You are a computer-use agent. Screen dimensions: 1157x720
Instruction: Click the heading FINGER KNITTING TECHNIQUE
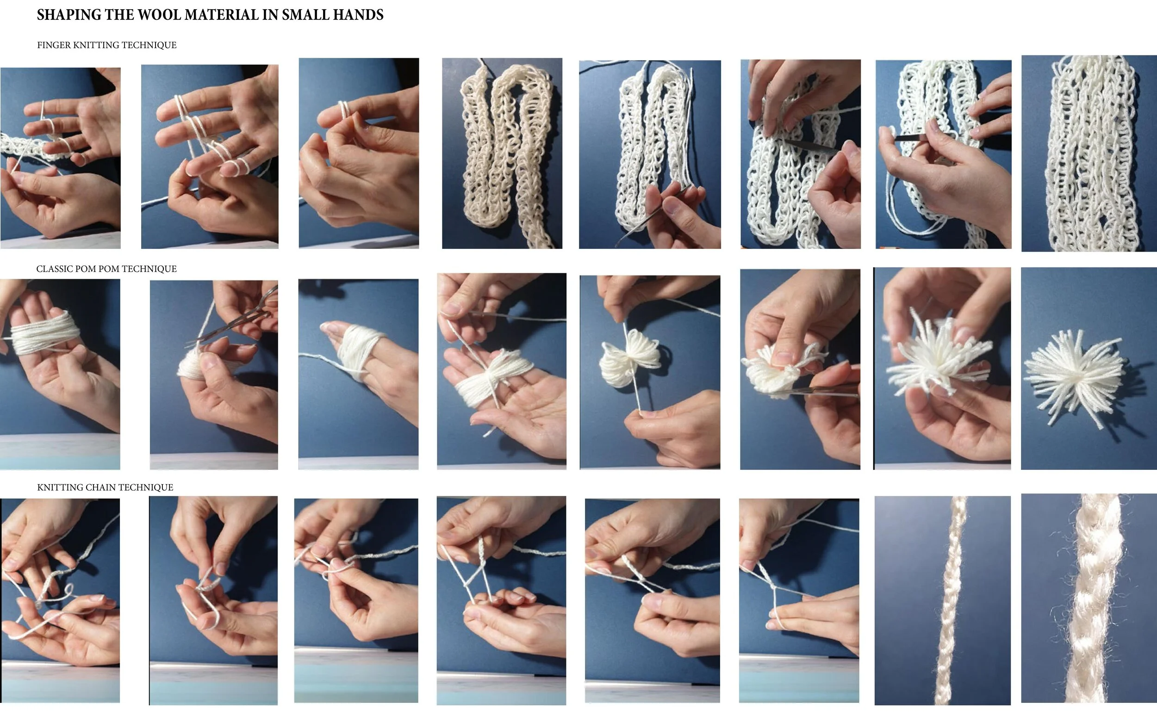[x=107, y=45]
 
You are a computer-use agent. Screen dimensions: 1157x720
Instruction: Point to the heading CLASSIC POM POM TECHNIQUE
[x=106, y=269]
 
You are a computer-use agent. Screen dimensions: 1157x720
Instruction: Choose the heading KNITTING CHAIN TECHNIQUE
[x=105, y=487]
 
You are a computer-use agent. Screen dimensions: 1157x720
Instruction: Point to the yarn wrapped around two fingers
[x=360, y=348]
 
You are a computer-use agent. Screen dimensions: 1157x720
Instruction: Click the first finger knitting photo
[x=61, y=158]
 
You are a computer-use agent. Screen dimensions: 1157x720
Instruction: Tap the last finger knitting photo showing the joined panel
[x=1089, y=154]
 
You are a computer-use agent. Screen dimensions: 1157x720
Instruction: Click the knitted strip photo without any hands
[x=502, y=154]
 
